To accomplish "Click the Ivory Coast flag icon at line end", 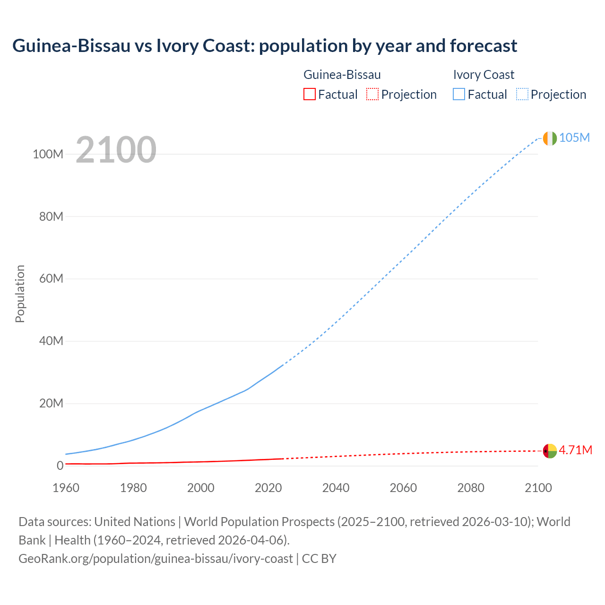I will coord(550,138).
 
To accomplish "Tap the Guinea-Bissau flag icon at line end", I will coord(550,451).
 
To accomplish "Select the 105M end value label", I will coord(574,138).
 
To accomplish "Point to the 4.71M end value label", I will coord(575,450).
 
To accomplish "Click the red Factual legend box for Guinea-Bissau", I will coord(309,94).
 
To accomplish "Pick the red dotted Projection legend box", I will coord(372,94).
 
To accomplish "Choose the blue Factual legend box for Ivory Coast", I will coord(458,94).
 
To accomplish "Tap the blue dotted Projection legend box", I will coord(522,94).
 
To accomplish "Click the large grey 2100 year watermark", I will coord(116,150).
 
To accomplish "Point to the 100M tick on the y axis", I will coord(48,154).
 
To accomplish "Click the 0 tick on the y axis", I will coord(60,466).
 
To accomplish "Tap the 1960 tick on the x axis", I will coord(66,488).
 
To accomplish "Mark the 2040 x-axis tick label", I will coord(336,488).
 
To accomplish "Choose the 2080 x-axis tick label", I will coord(471,488).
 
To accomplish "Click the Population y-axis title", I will coord(20,294).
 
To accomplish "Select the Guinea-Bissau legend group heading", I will coord(342,75).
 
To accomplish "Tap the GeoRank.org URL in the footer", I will coord(156,559).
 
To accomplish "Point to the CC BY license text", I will coord(319,559).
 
